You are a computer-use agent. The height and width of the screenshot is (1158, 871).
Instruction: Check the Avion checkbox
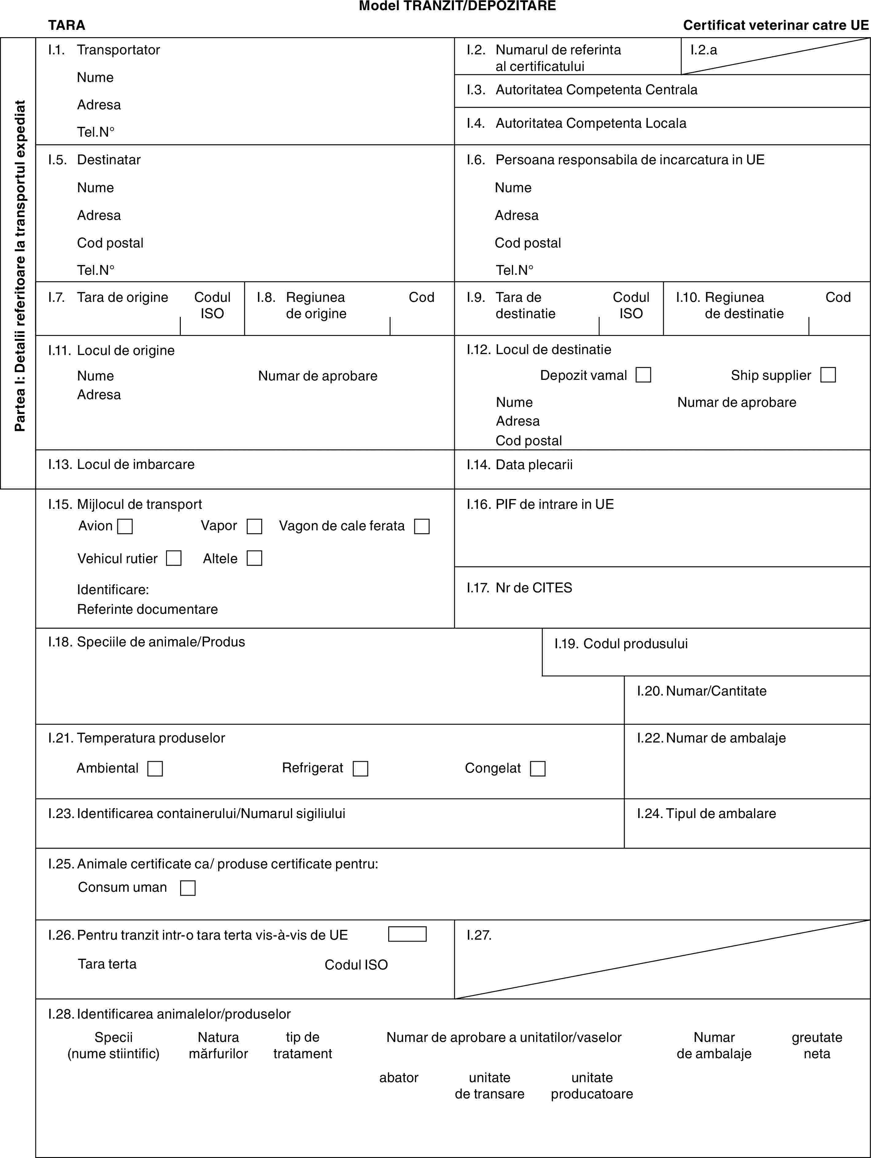coord(125,526)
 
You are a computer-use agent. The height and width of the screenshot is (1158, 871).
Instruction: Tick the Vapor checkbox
coord(254,526)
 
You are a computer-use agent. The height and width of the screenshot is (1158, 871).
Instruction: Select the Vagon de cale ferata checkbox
coord(422,526)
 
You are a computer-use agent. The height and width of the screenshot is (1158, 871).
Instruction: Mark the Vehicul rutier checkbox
coord(174,558)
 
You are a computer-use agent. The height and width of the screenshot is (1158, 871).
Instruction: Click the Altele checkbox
coord(254,558)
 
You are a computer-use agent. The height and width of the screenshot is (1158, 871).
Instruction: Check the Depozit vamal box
coord(644,375)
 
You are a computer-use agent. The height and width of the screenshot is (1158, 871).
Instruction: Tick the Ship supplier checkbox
coord(828,375)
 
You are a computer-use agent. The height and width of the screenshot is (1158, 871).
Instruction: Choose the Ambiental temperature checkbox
coord(155,769)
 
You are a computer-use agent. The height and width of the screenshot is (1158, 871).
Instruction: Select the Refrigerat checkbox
coord(360,769)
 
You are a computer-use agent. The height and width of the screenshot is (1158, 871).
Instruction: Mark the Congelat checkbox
coord(538,769)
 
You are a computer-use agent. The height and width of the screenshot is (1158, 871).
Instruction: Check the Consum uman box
coord(188,888)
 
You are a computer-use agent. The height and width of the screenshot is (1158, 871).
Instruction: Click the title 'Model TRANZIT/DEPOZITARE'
coord(457,6)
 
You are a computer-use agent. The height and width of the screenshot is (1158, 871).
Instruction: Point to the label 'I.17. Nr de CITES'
coord(520,588)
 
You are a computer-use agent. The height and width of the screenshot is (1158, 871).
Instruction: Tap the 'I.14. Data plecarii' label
coord(520,464)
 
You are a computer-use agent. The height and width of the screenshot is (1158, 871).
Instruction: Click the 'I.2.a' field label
coord(704,50)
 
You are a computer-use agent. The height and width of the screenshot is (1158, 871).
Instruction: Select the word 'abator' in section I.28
coord(399,1077)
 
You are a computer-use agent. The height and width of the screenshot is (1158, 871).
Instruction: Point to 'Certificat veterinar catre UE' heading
coord(776,25)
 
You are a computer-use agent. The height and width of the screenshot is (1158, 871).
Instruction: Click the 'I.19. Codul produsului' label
coord(621,643)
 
